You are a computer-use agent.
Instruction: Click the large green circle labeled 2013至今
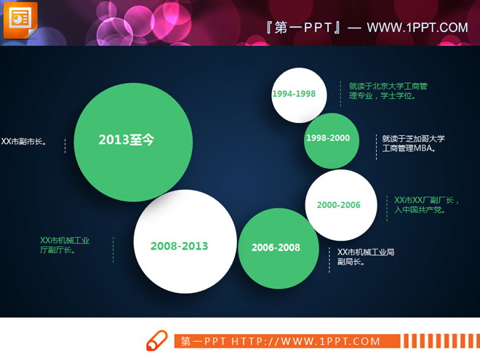133,141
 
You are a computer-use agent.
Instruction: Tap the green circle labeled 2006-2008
276,248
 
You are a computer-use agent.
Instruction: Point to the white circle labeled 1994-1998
298,95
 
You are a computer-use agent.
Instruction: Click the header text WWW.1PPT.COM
417,28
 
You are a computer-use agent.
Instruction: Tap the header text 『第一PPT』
305,28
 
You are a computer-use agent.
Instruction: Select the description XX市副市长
24,142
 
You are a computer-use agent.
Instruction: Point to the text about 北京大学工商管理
388,90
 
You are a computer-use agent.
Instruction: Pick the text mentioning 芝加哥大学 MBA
413,143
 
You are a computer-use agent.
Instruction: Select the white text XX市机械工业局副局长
365,257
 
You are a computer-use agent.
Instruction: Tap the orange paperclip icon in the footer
156,340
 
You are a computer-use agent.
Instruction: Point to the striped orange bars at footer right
440,341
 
